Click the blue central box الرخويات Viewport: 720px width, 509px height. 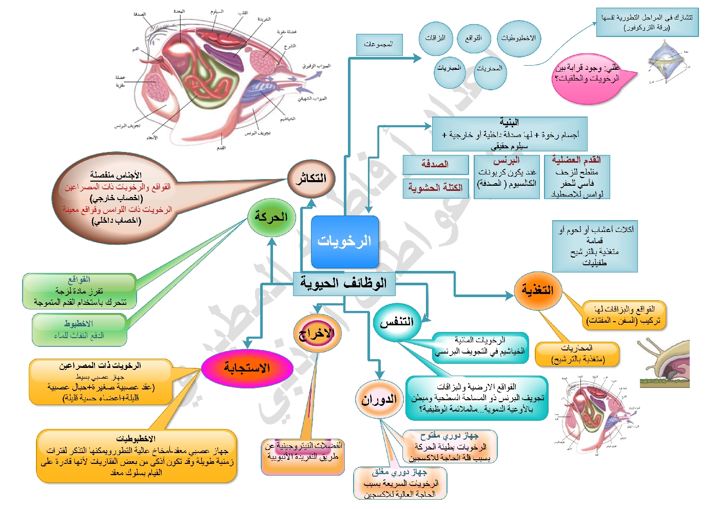click(x=344, y=242)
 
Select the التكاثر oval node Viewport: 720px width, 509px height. click(x=311, y=178)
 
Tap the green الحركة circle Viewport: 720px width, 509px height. click(x=271, y=218)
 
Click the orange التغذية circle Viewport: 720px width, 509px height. click(x=537, y=290)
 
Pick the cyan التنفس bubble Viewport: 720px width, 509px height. click(x=397, y=322)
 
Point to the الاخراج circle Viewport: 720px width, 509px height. click(x=317, y=334)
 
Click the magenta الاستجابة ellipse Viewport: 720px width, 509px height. click(x=247, y=368)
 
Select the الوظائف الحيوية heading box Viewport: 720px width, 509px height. click(x=344, y=283)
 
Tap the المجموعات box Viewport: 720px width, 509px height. click(x=379, y=45)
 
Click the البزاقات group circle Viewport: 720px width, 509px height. click(x=435, y=38)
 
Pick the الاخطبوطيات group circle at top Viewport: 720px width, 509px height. click(x=518, y=38)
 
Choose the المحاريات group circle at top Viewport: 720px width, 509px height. click(x=490, y=69)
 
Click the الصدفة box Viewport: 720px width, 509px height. click(x=435, y=165)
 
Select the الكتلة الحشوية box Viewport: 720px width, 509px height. click(x=435, y=188)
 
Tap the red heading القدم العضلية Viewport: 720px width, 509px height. click(x=576, y=160)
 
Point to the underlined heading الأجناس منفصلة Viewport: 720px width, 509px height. click(x=115, y=175)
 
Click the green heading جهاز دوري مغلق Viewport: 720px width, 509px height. click(x=399, y=472)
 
